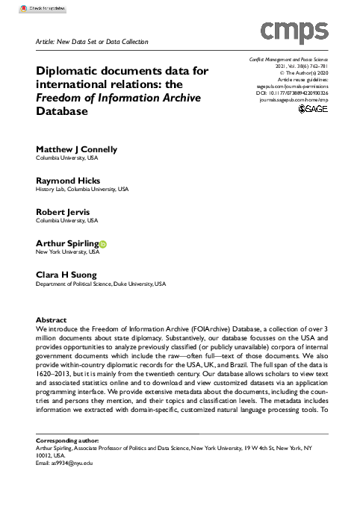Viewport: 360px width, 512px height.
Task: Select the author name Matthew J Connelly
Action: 77,149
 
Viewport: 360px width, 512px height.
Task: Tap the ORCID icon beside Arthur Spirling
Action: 103,243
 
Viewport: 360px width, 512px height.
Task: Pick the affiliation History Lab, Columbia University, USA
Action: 82,190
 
